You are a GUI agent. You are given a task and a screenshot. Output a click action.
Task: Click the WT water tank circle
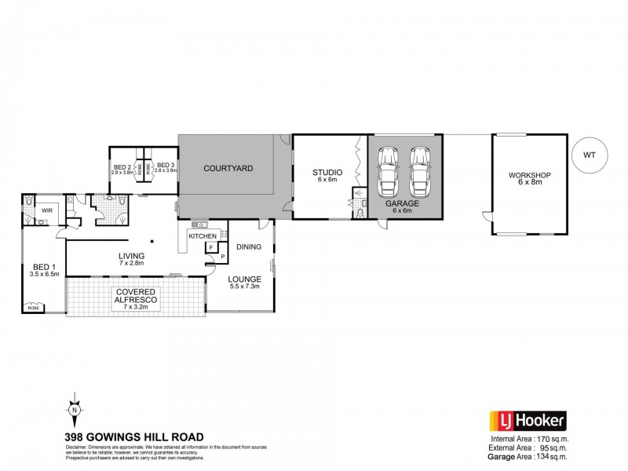pos(590,155)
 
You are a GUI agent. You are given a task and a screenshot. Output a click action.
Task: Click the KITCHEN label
pos(202,235)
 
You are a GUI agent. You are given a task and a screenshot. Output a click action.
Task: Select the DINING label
pos(249,246)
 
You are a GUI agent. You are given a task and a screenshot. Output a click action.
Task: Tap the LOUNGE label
pos(244,279)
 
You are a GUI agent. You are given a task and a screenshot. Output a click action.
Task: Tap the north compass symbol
pos(73,409)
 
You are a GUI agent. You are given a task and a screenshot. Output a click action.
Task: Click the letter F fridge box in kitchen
pos(210,248)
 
